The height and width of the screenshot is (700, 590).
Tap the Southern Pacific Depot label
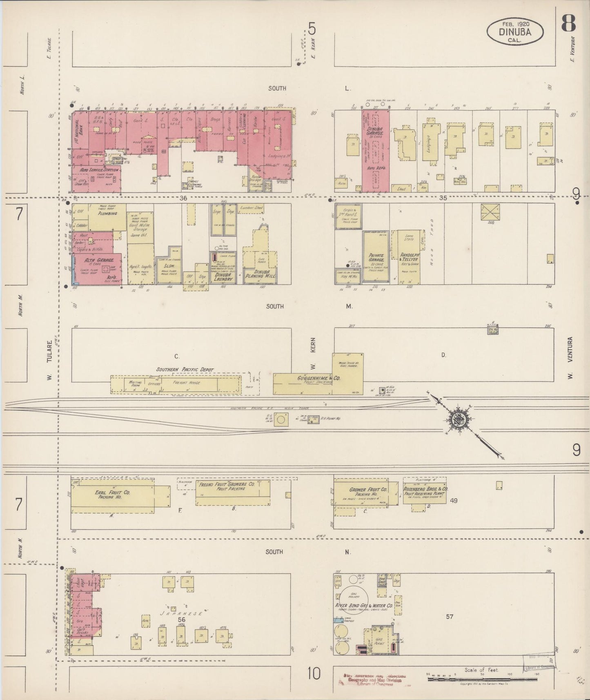tap(185, 370)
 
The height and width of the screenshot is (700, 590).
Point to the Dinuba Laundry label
tap(222, 277)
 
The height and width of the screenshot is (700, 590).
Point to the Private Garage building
tap(376, 256)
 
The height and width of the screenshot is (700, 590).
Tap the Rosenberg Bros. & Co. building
tap(425, 492)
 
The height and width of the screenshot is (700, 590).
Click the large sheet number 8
tap(568, 23)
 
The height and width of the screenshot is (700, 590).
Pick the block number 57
tap(449, 616)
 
